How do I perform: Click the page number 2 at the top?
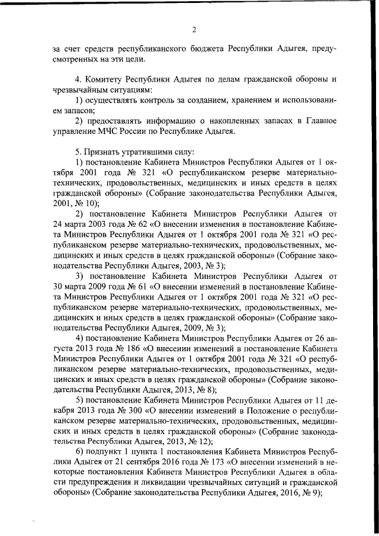click(194, 30)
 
